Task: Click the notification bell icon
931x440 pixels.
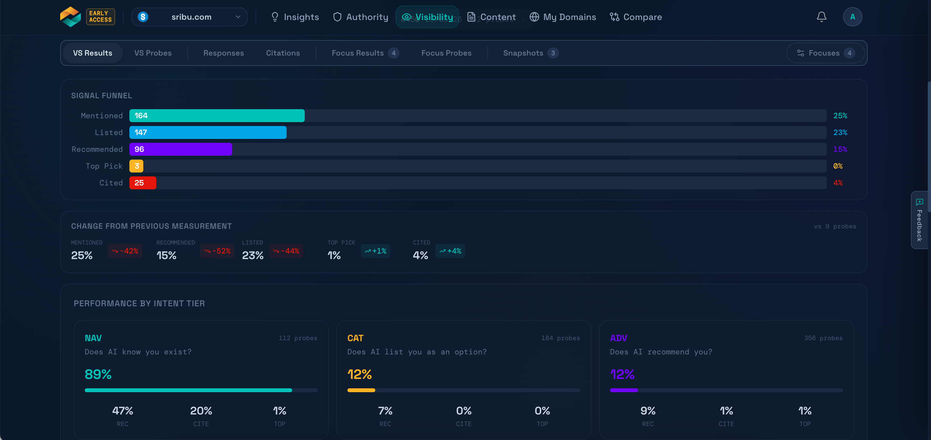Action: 821,17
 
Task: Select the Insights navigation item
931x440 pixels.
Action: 295,17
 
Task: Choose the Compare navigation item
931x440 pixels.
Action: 636,17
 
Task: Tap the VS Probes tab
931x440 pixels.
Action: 153,53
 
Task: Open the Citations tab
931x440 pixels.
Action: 283,53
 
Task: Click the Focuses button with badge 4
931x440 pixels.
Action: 826,53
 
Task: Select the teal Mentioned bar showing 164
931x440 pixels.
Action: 217,116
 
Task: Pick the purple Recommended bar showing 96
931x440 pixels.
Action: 181,149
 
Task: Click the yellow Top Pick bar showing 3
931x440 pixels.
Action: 136,166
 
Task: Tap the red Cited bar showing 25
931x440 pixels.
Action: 143,183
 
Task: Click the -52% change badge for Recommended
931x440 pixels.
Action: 217,251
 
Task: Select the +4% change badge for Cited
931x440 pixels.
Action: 450,251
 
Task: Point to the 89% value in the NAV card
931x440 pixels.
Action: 98,374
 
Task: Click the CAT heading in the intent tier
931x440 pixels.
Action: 355,338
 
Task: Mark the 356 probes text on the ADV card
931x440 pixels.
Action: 823,338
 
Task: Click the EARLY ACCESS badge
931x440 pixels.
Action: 101,16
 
